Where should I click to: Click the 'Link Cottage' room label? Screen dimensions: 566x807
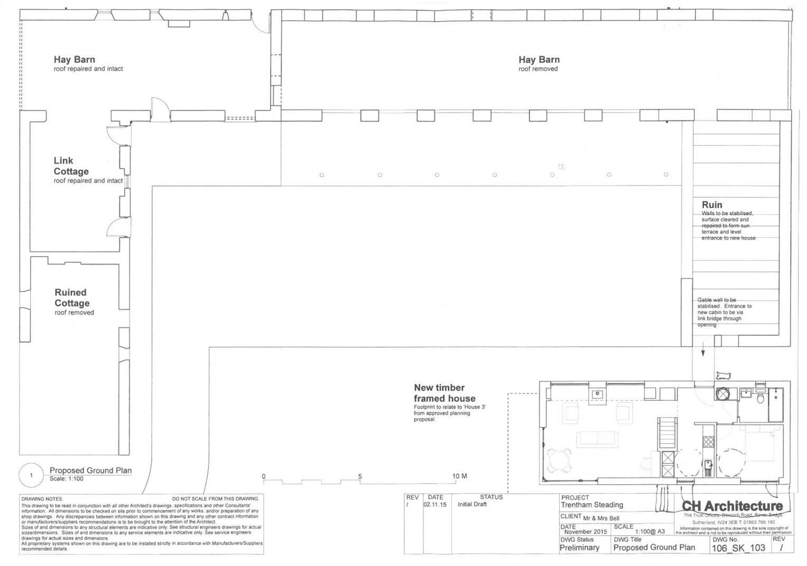point(71,166)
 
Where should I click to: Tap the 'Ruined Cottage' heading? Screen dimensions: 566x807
point(72,298)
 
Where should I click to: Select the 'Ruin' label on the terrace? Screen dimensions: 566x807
point(712,205)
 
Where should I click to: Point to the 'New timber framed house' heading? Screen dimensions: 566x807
point(444,393)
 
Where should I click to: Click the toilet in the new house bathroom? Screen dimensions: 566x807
point(760,398)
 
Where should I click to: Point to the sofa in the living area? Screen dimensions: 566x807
point(598,438)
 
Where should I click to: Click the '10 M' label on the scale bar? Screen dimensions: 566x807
point(459,476)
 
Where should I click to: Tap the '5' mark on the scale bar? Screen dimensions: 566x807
point(360,476)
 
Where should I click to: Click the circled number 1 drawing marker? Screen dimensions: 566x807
point(31,475)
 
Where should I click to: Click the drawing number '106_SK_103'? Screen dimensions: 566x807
point(738,548)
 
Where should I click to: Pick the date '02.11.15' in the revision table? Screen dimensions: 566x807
point(434,505)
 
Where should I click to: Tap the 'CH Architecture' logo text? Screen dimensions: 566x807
point(732,506)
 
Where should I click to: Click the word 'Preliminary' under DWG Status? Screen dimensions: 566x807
point(580,548)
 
